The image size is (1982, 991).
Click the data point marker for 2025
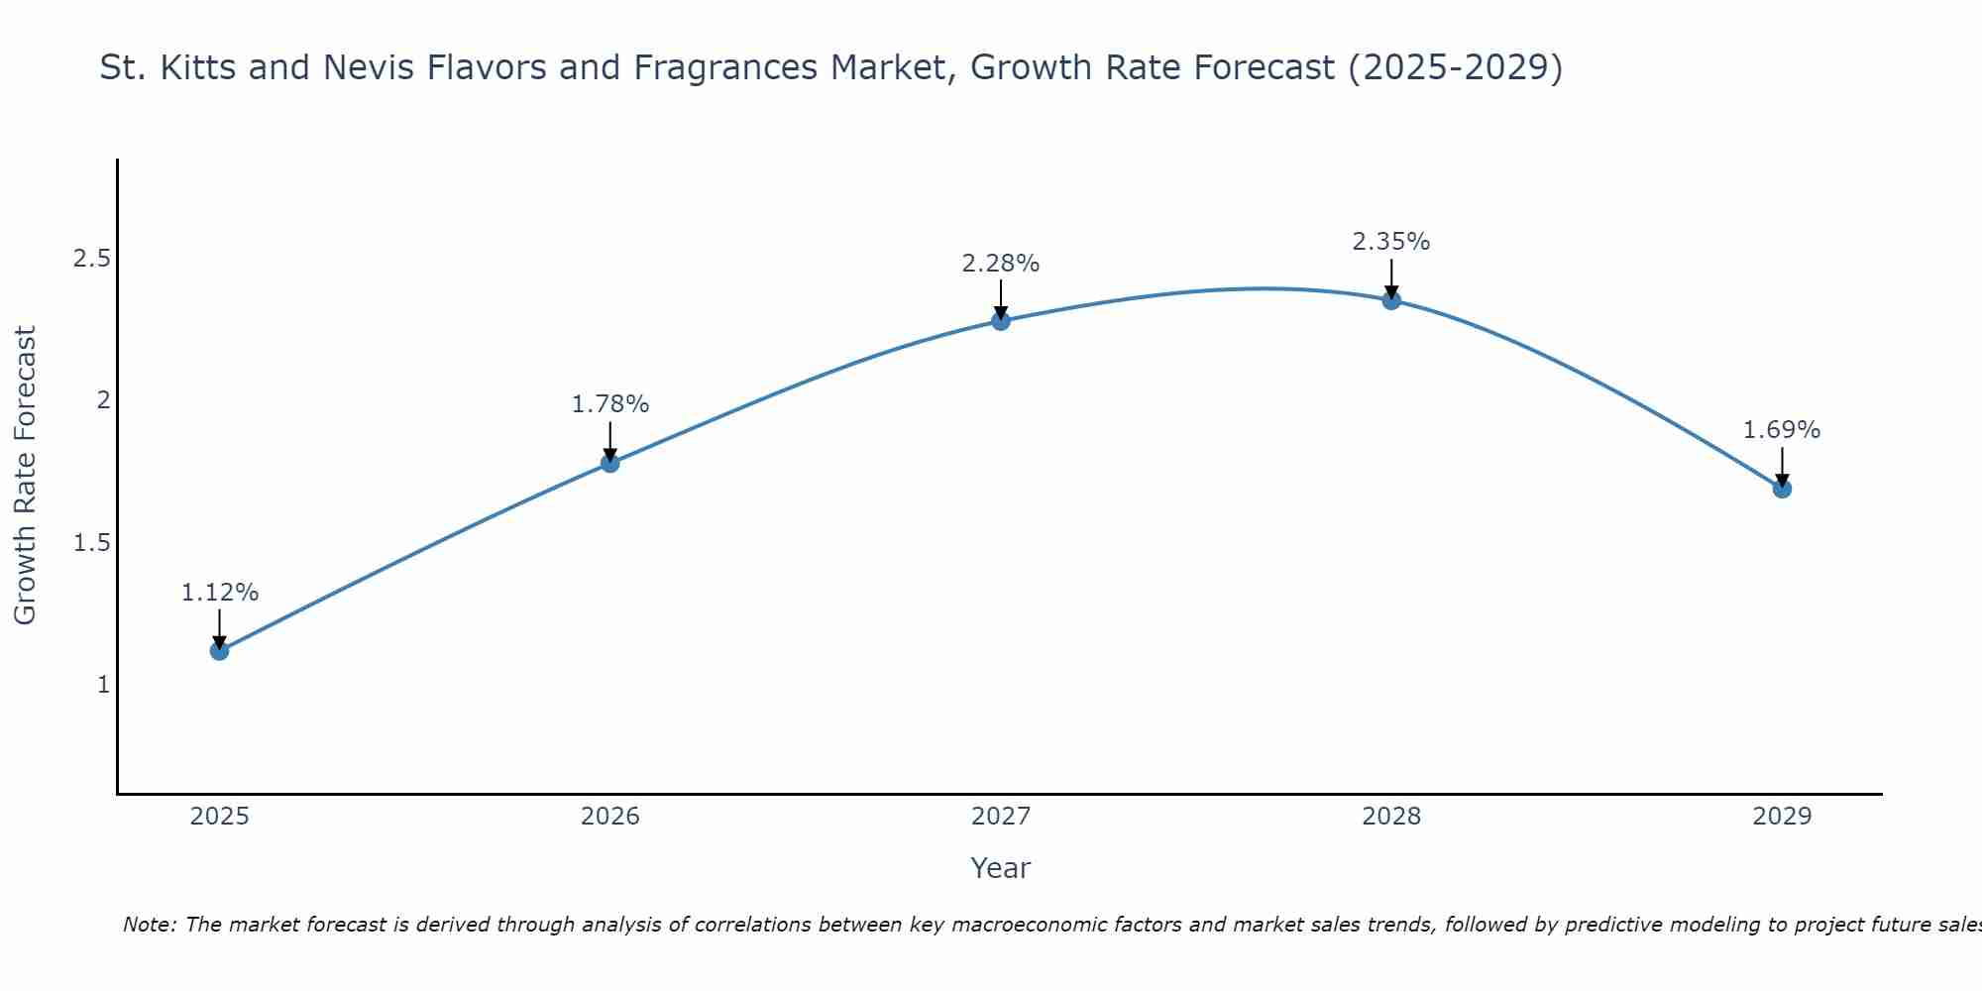(219, 651)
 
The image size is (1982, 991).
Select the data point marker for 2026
(610, 463)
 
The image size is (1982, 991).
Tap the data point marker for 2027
(1001, 321)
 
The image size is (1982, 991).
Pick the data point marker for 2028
(1391, 300)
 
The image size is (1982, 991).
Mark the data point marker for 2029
(1782, 489)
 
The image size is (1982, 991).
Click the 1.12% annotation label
(219, 593)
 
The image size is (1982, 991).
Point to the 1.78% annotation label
(610, 404)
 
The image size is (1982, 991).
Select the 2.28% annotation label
(1001, 264)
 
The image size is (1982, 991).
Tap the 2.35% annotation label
(1391, 242)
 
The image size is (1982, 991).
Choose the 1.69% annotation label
(1782, 430)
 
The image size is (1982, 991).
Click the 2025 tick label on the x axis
(219, 817)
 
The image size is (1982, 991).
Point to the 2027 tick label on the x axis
(1001, 817)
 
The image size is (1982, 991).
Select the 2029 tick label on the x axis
(1782, 817)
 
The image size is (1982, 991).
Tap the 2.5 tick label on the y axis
(91, 260)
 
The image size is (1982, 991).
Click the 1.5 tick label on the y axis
(91, 543)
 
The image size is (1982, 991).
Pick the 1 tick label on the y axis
(103, 685)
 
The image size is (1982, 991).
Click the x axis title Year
(1001, 868)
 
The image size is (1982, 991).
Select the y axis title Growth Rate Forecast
(25, 476)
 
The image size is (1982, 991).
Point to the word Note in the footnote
(149, 925)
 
